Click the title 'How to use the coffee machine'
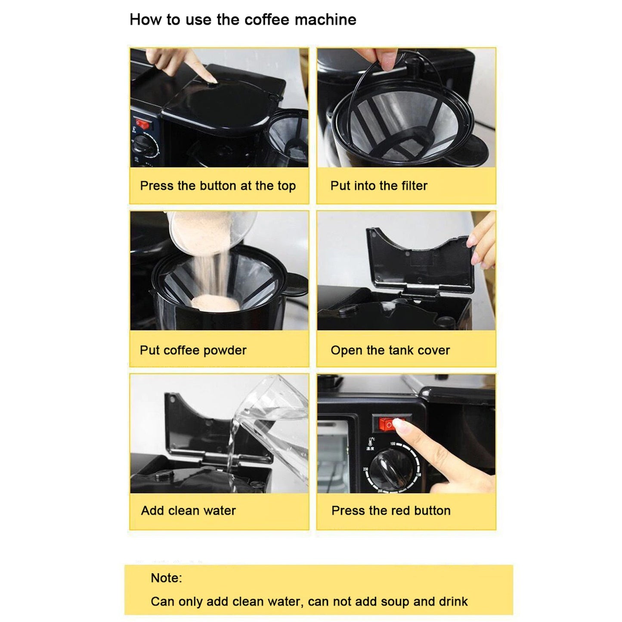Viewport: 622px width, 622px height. pos(243,20)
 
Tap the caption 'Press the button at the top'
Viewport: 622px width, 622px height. pos(218,186)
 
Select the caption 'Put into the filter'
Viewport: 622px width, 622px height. pos(379,186)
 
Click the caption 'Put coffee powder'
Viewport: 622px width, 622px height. pos(193,350)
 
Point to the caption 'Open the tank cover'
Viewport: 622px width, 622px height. pos(390,350)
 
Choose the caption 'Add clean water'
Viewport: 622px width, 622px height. pos(188,511)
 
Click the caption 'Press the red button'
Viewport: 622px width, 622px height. pos(391,511)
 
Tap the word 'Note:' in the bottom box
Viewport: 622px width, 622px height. pos(166,578)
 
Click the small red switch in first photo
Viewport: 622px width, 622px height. pos(142,125)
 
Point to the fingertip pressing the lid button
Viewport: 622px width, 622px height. pos(210,79)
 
